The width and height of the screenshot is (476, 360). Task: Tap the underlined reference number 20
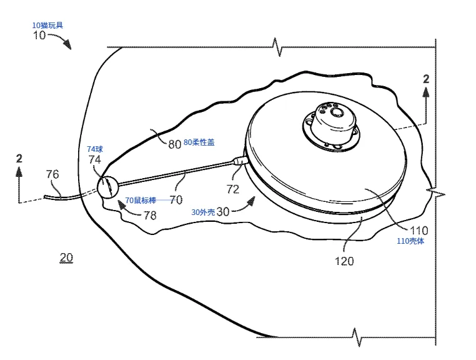(66, 257)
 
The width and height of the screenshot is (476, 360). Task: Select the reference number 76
(53, 174)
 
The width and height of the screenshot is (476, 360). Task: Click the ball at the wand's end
(107, 187)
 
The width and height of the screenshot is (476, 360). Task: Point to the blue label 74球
(96, 149)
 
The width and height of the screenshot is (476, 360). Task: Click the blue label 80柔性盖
(199, 142)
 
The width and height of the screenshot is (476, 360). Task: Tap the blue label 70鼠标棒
(145, 200)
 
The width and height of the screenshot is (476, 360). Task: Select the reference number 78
(149, 215)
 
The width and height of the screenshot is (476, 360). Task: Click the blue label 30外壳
(203, 212)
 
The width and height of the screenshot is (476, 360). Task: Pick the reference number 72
(232, 188)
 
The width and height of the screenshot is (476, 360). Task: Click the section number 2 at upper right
(426, 79)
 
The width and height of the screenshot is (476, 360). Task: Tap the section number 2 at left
(19, 158)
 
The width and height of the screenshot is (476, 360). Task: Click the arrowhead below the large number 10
(67, 45)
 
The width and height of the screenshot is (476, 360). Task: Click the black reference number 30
(223, 211)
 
